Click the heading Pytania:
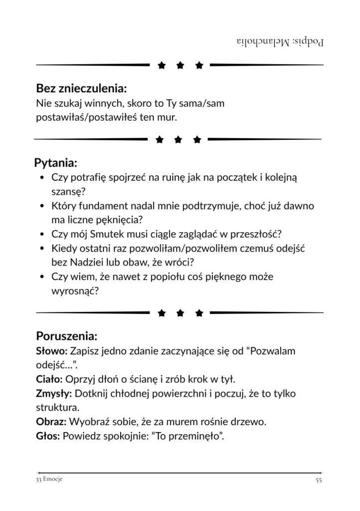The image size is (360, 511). [55, 163]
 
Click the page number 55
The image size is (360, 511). [319, 480]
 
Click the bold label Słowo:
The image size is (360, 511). [51, 351]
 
